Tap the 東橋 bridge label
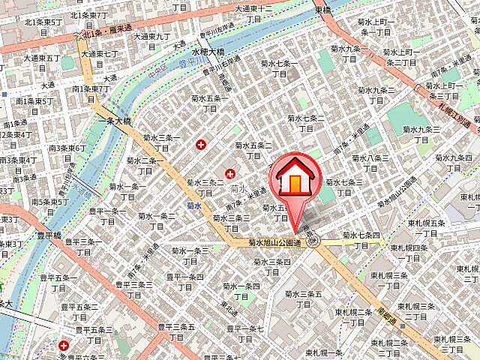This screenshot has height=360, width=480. (x=323, y=10)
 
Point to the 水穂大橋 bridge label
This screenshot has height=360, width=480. (x=208, y=52)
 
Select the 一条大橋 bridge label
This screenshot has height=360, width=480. (x=115, y=120)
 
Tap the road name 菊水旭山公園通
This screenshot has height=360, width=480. (x=274, y=243)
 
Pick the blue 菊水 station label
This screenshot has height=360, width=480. (x=195, y=205)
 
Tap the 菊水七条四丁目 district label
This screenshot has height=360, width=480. (x=364, y=241)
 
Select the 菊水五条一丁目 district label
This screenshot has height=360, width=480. (x=208, y=103)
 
